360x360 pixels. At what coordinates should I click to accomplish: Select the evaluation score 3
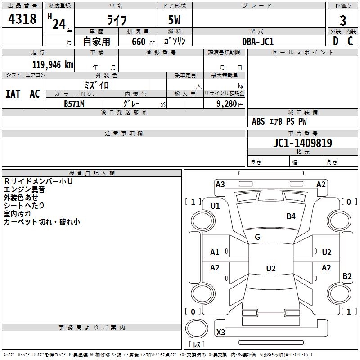(x=343, y=21)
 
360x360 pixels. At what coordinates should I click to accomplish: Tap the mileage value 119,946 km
(x=52, y=65)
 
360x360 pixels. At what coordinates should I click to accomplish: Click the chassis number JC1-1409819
(x=303, y=143)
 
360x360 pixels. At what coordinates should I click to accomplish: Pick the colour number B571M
(x=74, y=104)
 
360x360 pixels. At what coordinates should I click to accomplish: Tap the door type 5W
(x=175, y=21)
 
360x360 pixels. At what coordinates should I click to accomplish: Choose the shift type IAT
(x=13, y=94)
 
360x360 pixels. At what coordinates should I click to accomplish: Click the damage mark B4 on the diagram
(x=291, y=216)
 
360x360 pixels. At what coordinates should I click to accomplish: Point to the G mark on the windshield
(x=257, y=237)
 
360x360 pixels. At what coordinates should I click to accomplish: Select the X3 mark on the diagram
(x=221, y=333)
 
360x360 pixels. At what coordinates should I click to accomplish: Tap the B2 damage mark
(x=347, y=276)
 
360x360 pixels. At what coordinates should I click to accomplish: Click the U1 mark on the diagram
(x=215, y=206)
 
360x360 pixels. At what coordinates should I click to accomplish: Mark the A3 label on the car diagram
(x=220, y=184)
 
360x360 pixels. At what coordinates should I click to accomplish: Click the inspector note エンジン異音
(x=21, y=189)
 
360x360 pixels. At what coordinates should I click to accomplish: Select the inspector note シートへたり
(x=24, y=206)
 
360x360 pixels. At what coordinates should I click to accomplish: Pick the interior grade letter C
(x=350, y=41)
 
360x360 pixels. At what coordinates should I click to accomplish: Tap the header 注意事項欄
(x=124, y=133)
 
